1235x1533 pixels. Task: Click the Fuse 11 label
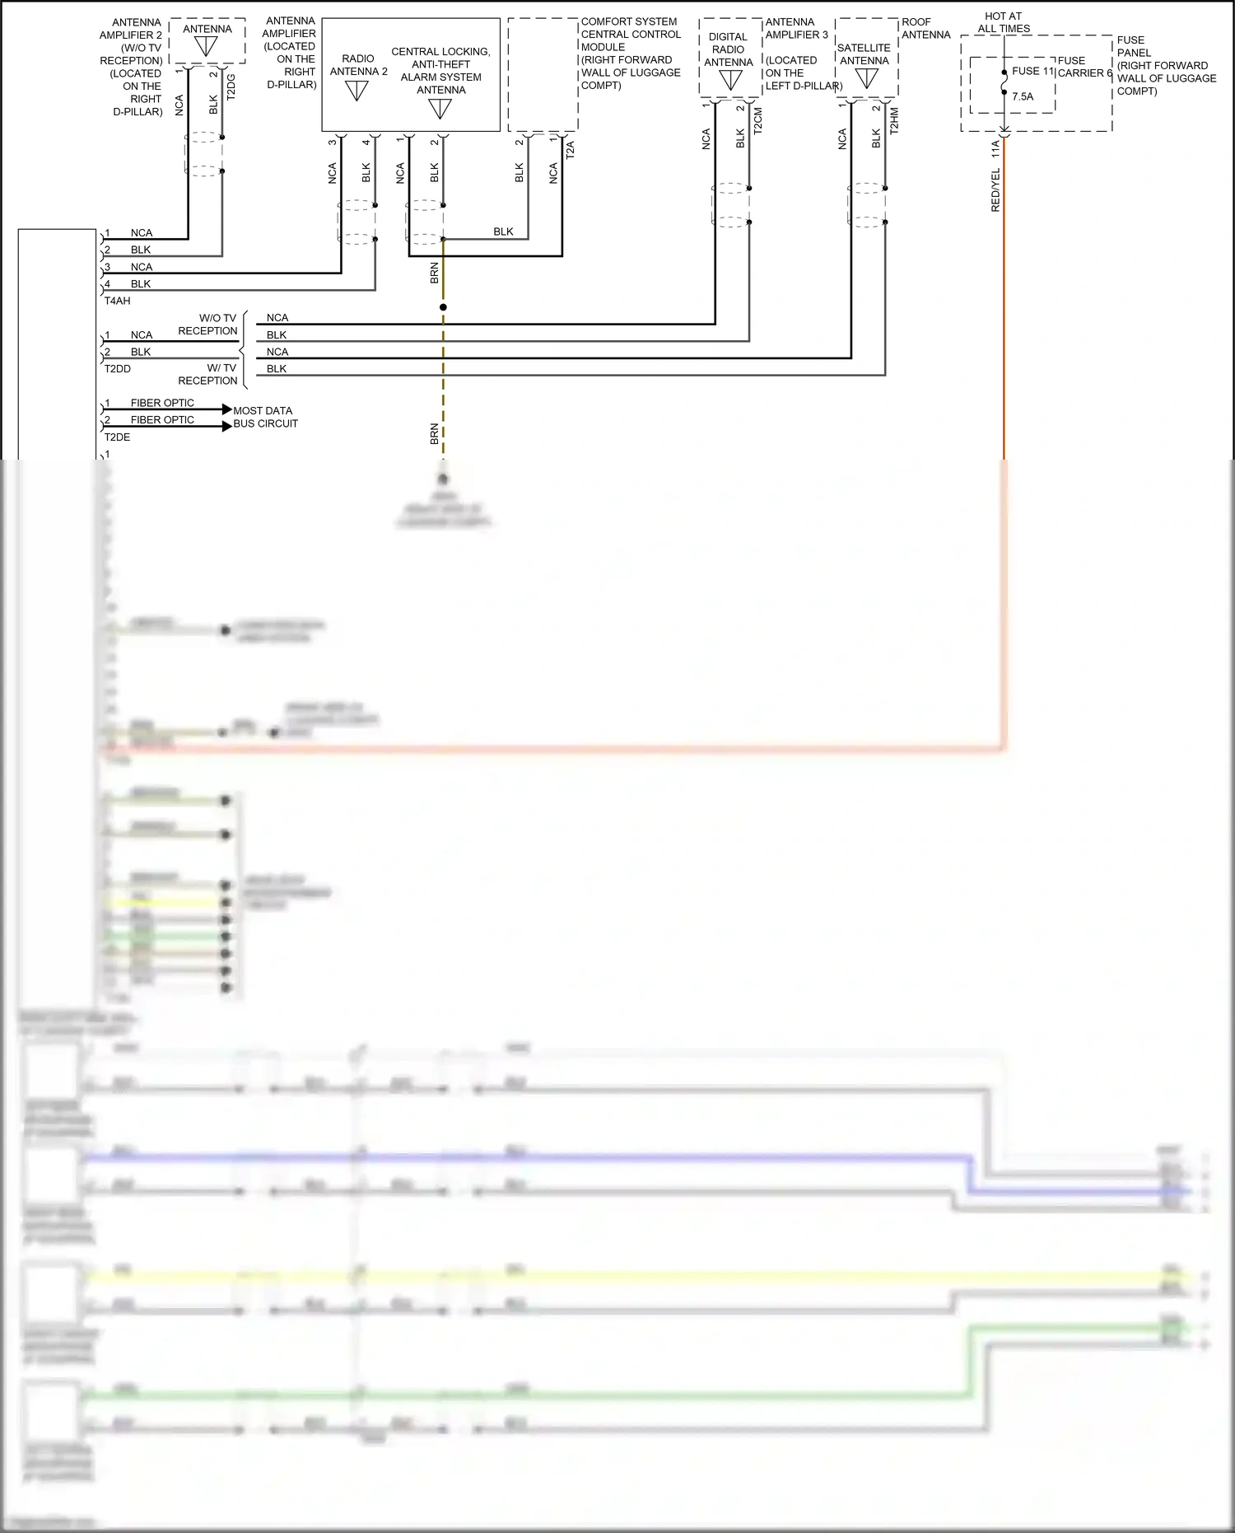(1032, 72)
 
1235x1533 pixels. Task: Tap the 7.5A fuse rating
(1023, 96)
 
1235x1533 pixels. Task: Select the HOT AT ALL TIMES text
(1003, 22)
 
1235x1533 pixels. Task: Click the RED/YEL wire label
(995, 190)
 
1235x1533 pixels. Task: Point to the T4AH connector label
(117, 301)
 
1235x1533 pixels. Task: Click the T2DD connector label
(117, 369)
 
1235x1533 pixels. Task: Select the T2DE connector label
(117, 437)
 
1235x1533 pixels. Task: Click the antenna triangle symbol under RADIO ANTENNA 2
(357, 90)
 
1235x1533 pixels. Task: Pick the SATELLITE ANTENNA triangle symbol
(865, 79)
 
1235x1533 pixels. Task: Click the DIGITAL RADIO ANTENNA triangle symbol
(730, 80)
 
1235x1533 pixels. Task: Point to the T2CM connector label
(758, 120)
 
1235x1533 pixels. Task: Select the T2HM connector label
(894, 120)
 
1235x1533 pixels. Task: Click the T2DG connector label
(231, 87)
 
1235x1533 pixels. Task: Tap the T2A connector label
(570, 149)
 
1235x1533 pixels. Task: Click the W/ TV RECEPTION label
(208, 375)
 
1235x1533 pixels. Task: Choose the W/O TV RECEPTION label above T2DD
(208, 325)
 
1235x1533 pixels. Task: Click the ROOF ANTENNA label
(925, 28)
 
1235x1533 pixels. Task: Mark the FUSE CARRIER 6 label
(1084, 67)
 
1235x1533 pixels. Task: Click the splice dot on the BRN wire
(443, 307)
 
